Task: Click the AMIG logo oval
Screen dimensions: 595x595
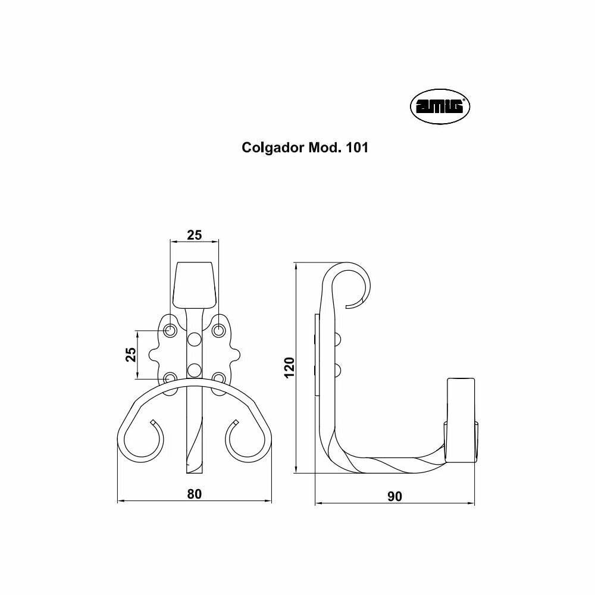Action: click(x=440, y=107)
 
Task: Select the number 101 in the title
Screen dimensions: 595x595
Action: click(x=356, y=147)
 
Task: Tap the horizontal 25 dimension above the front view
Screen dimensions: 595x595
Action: click(x=195, y=235)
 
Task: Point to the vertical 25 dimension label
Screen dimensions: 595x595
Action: click(x=130, y=354)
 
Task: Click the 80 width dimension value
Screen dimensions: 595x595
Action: click(x=195, y=494)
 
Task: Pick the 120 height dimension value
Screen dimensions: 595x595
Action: click(x=289, y=367)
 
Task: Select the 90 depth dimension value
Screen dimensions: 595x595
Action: click(x=394, y=496)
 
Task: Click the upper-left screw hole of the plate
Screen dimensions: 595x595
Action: click(x=170, y=330)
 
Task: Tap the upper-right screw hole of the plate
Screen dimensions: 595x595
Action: click(x=218, y=330)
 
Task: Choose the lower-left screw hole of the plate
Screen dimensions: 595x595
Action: click(x=170, y=378)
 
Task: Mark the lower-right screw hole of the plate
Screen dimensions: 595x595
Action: click(x=218, y=378)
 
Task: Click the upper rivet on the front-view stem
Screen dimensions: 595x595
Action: click(x=195, y=339)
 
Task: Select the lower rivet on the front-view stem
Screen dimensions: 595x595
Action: click(x=195, y=369)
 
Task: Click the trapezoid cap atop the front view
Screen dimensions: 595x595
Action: click(x=195, y=284)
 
